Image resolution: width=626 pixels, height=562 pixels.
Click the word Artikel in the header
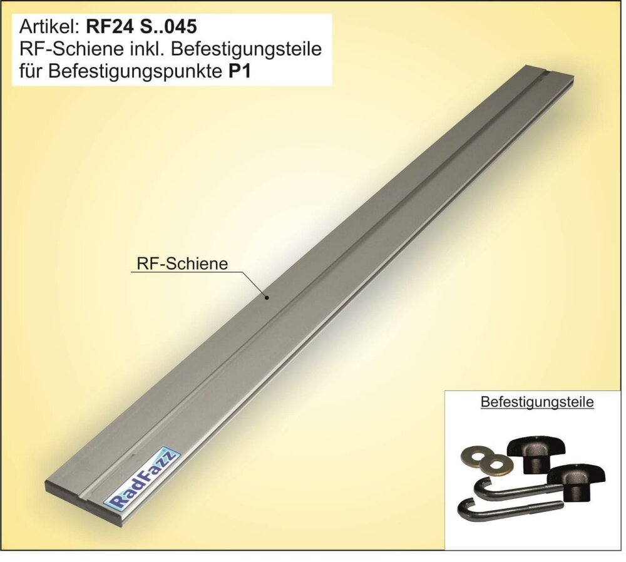pos(49,27)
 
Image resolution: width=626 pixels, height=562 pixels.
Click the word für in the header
pos(31,72)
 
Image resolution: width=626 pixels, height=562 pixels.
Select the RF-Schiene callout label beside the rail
pos(182,263)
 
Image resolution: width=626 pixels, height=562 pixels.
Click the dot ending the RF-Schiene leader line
pos(267,297)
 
